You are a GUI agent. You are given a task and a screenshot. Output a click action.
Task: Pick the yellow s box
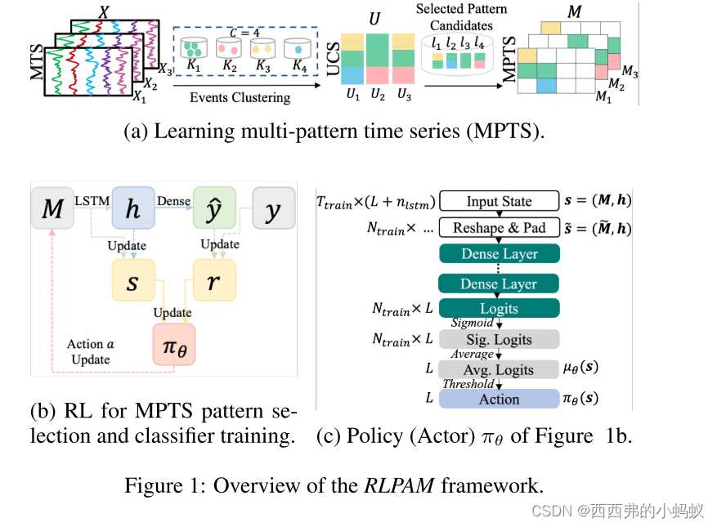pyautogui.click(x=132, y=281)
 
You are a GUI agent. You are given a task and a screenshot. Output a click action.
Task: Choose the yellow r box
pyautogui.click(x=213, y=281)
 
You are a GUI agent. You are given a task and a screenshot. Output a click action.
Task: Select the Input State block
pyautogui.click(x=499, y=202)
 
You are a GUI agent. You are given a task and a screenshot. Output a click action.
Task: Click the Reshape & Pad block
pyautogui.click(x=499, y=228)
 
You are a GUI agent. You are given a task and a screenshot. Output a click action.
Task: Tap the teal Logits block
pyautogui.click(x=499, y=308)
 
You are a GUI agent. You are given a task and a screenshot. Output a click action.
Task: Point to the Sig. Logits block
pyautogui.click(x=499, y=339)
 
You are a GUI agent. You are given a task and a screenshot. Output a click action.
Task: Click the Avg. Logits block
pyautogui.click(x=499, y=369)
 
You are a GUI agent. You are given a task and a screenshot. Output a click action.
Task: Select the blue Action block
pyautogui.click(x=499, y=399)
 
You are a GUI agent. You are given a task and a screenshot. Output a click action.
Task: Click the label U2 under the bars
pyautogui.click(x=377, y=95)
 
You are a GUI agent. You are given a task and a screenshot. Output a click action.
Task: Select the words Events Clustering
pyautogui.click(x=240, y=97)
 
